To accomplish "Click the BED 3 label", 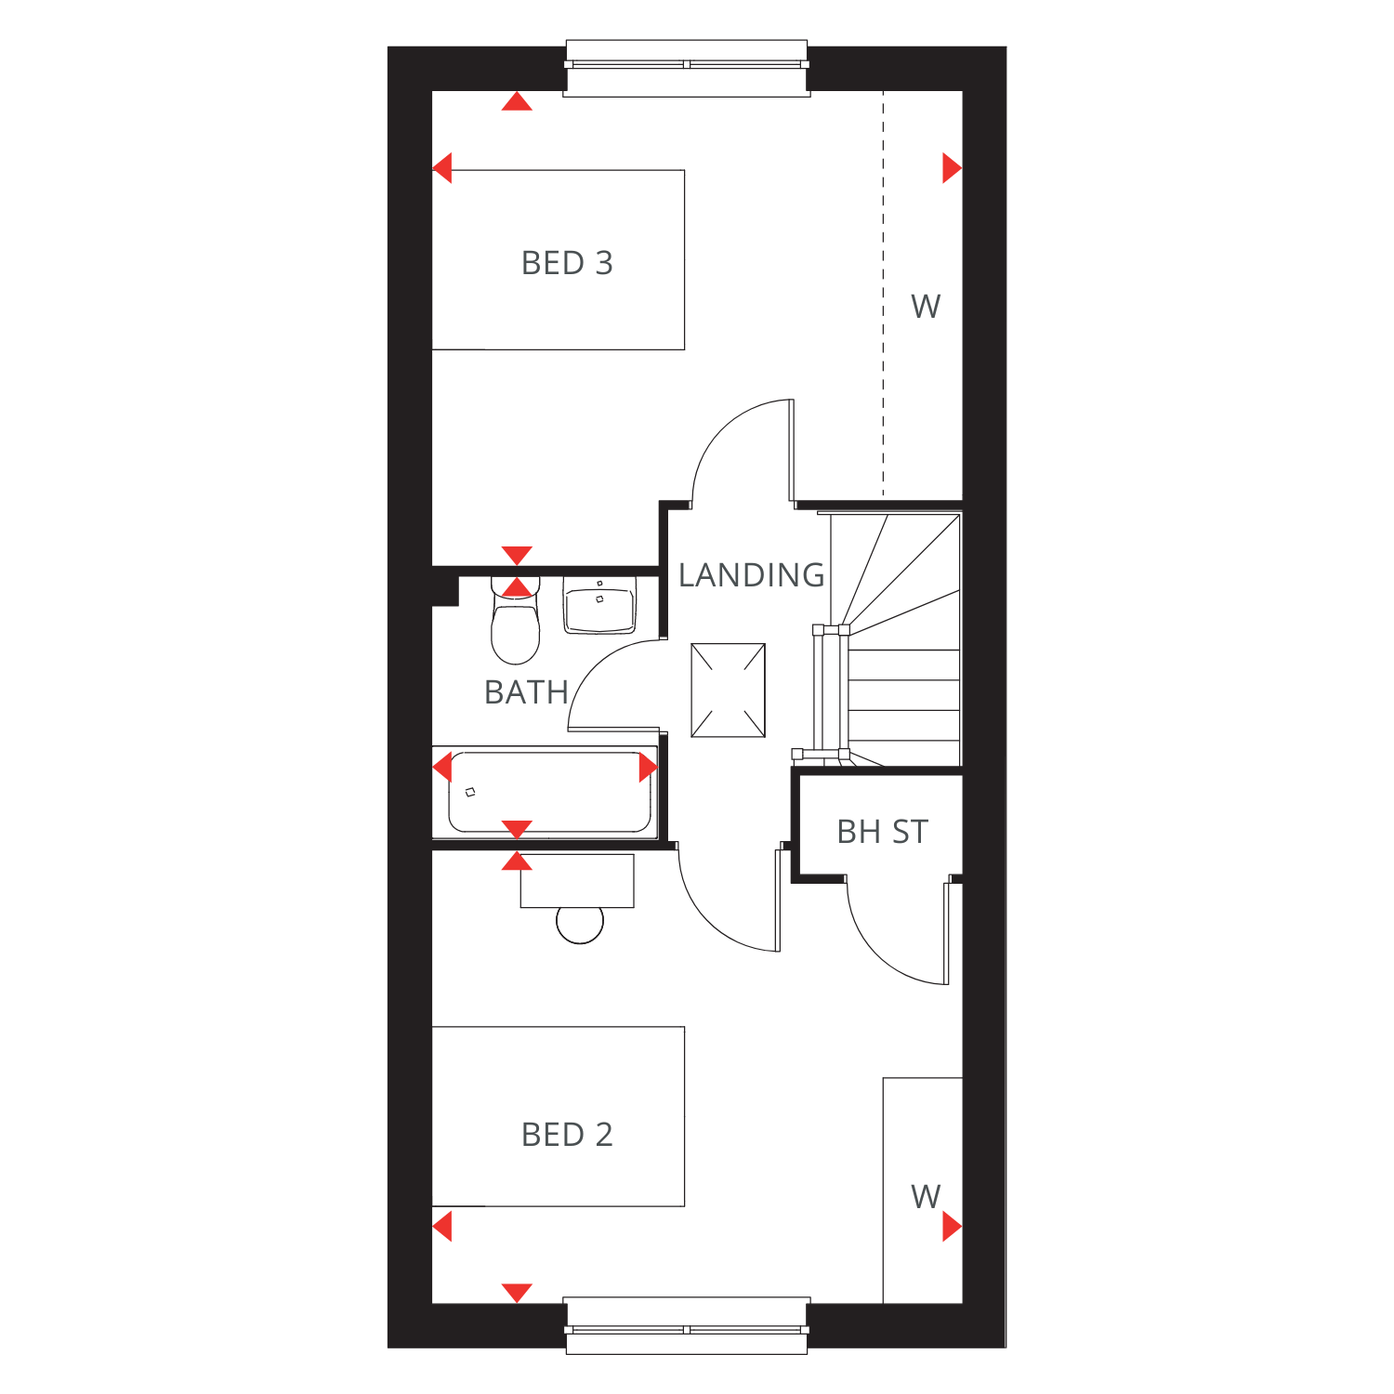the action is click(x=567, y=263).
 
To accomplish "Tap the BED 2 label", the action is click(x=567, y=1135).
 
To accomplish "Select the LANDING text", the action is click(x=751, y=575).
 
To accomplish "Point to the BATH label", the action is click(x=526, y=692).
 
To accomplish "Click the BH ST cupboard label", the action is click(x=882, y=832).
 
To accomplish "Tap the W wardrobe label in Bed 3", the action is click(x=926, y=306).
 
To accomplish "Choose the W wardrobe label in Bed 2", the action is click(x=926, y=1196).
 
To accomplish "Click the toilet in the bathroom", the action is click(x=515, y=620).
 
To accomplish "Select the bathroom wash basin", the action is click(x=599, y=604).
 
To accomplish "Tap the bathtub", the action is click(x=546, y=792).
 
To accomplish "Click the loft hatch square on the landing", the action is click(x=729, y=690).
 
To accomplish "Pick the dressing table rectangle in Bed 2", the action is click(x=577, y=881).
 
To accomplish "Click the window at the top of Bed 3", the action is click(x=687, y=68).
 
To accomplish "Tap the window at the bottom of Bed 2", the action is click(x=687, y=1325).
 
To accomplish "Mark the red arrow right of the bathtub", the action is click(x=649, y=768).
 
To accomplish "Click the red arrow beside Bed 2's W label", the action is click(x=952, y=1227).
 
